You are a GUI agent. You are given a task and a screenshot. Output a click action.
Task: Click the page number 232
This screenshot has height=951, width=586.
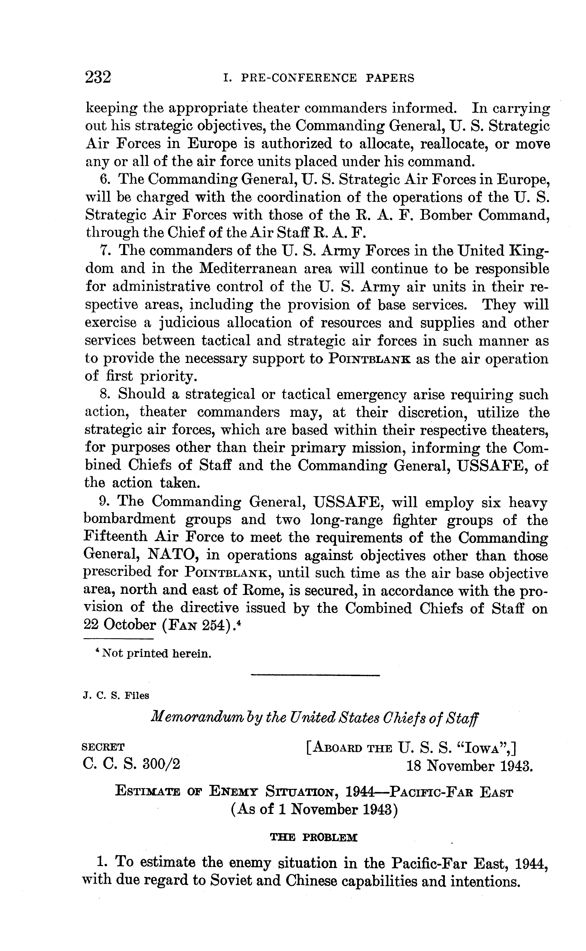(98, 77)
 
